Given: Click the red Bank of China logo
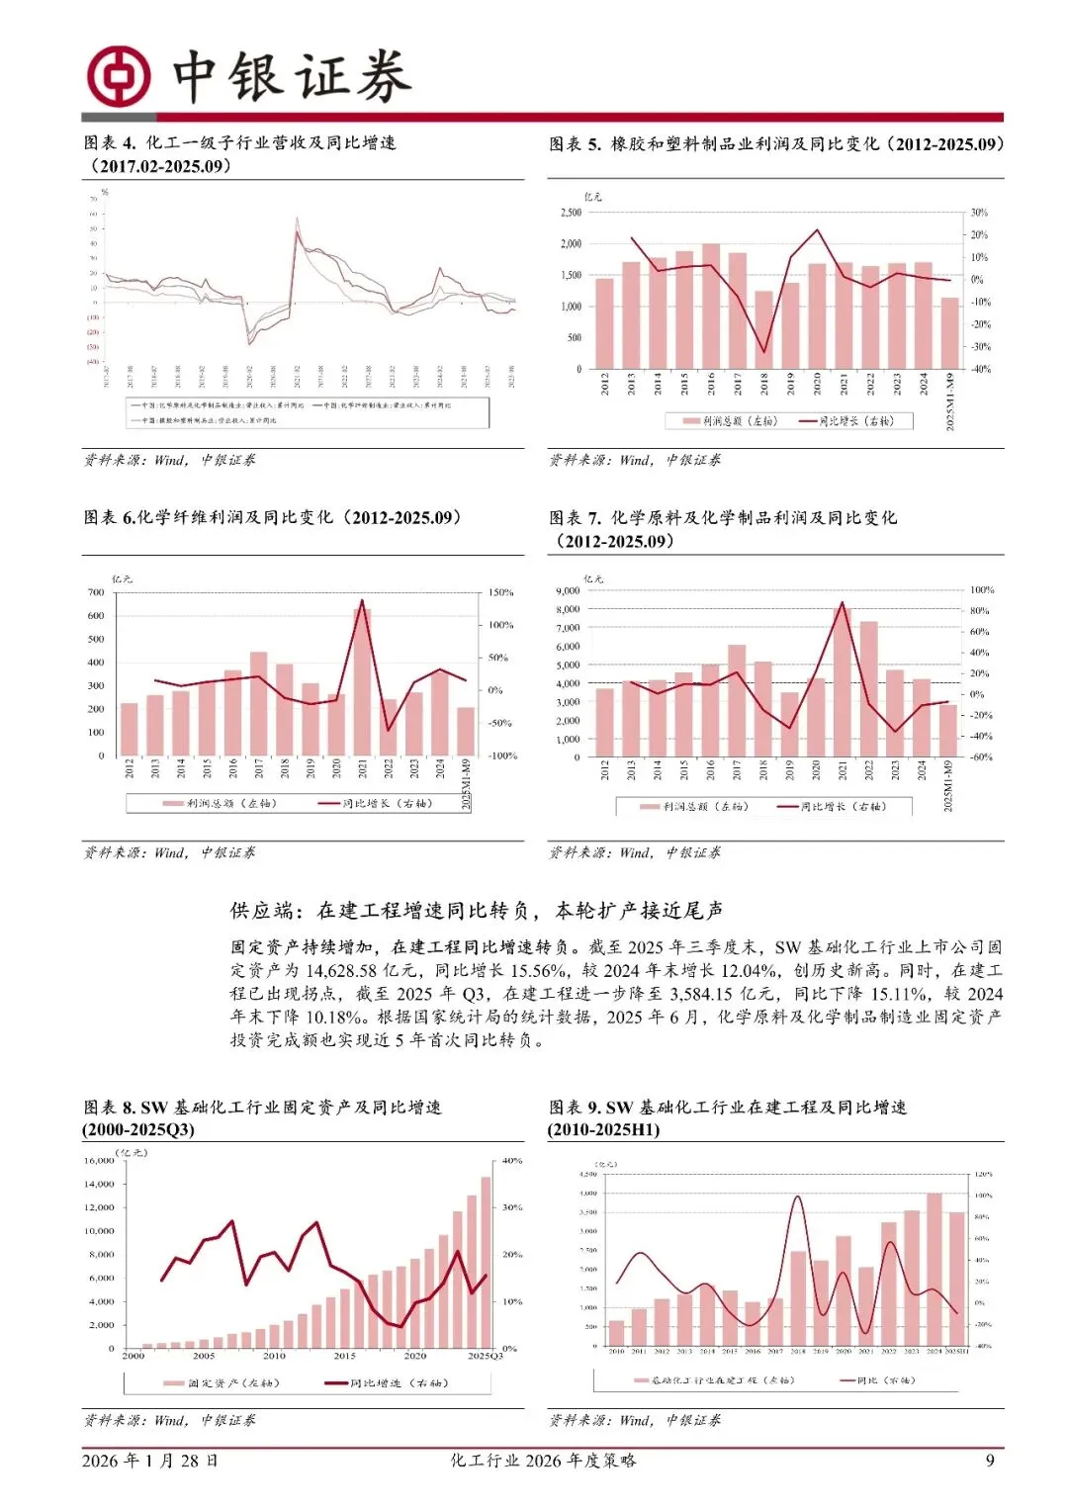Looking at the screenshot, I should click(118, 76).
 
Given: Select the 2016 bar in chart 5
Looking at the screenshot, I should click(711, 306).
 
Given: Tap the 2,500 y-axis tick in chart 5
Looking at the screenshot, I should click(571, 213).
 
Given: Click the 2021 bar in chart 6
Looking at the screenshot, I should click(362, 681).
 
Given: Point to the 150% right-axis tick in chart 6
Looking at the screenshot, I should click(501, 592).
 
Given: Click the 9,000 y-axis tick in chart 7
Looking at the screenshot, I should click(568, 590).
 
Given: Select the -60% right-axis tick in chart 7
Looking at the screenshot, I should click(980, 757).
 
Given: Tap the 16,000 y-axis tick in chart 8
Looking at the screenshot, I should click(100, 1161).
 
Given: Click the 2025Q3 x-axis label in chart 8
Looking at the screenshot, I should click(485, 1356).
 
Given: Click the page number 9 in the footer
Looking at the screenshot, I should click(990, 1461).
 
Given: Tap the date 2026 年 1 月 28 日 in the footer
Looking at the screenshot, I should click(150, 1461).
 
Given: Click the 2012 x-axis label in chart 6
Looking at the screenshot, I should click(130, 769).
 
